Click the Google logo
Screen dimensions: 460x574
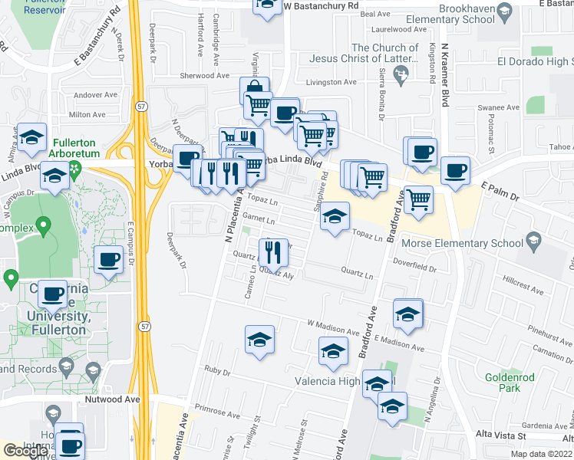(x=26, y=451)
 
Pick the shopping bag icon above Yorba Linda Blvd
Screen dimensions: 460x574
(x=254, y=88)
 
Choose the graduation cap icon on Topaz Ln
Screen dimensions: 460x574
(x=335, y=216)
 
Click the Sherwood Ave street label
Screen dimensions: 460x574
(x=205, y=75)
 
